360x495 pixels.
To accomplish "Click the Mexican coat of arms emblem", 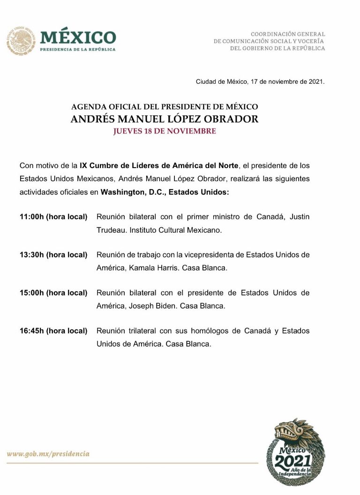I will click(21, 40).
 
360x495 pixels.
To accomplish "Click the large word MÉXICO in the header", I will click(78, 37).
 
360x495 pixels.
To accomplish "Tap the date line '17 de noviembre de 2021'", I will click(260, 81).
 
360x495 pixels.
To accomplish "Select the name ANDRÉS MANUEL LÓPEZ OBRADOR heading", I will click(164, 119).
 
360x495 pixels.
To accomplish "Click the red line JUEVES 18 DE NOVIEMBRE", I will click(164, 131).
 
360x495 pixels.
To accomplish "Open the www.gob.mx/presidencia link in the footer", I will click(48, 454).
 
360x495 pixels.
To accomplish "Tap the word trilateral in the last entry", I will click(141, 331).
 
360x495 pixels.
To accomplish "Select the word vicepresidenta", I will click(200, 255).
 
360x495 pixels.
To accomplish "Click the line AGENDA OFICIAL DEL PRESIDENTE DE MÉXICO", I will click(164, 107).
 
